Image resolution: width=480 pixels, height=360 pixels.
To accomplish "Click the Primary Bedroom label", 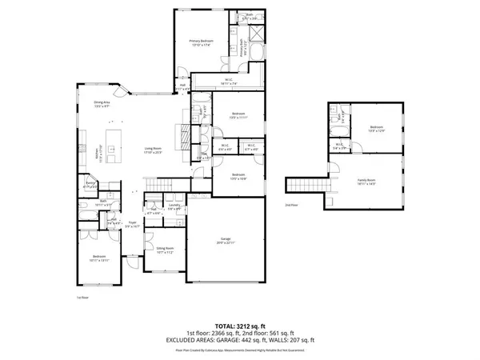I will [x=202, y=42].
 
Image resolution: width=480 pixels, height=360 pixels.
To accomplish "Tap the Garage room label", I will [x=226, y=240].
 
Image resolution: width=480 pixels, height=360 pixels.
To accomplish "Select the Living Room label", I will [x=154, y=150].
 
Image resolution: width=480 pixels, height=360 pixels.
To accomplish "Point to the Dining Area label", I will [x=102, y=103].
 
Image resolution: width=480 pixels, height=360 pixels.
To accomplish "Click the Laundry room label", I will [x=173, y=206].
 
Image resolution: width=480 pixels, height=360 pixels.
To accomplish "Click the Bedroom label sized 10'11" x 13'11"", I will [x=98, y=259].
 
